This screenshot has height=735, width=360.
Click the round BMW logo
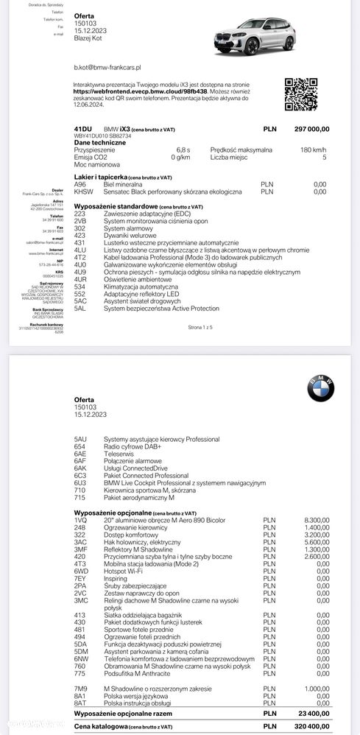[x=320, y=389]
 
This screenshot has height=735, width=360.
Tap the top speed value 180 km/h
[x=314, y=149]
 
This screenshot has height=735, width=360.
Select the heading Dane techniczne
[x=100, y=142]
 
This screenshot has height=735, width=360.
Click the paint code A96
[x=80, y=185]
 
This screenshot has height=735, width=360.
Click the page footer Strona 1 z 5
[x=200, y=326]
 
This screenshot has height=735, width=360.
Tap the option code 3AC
[x=81, y=541]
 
